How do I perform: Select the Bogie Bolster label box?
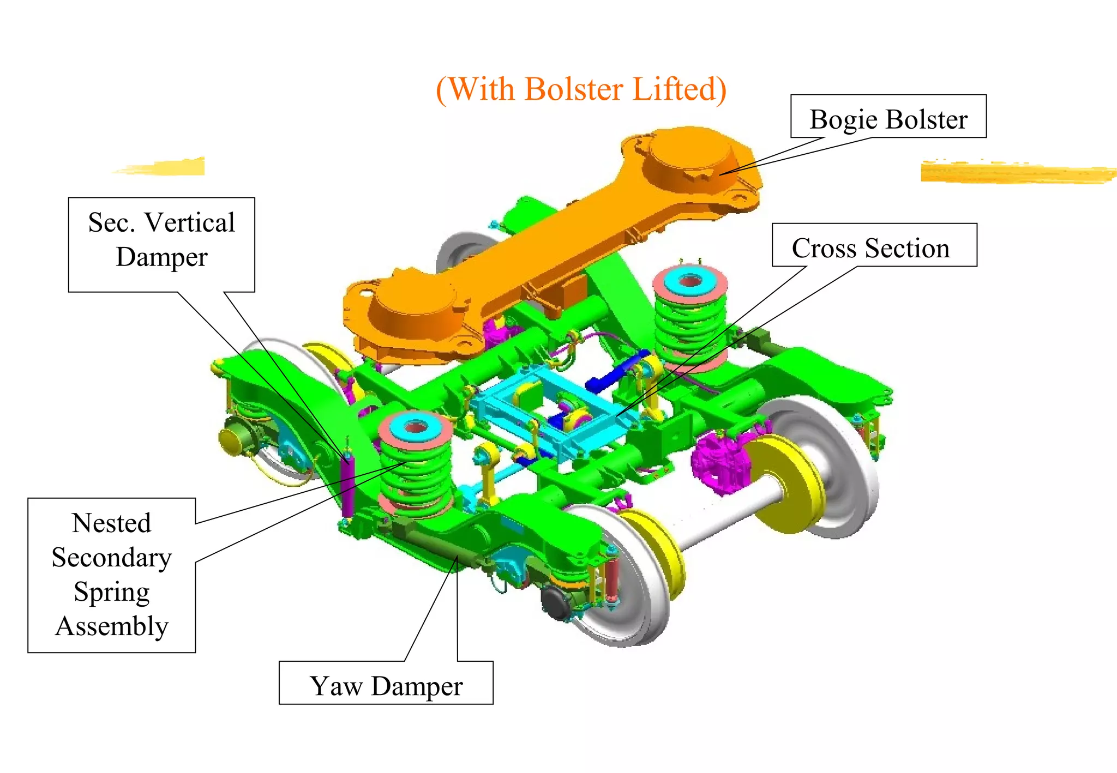click(888, 117)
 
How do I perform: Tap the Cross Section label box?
click(874, 246)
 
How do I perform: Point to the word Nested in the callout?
click(112, 523)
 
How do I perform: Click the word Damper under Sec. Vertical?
click(161, 257)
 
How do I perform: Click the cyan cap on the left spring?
click(416, 426)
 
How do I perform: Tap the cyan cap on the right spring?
click(690, 280)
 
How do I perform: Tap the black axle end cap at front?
click(556, 602)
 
